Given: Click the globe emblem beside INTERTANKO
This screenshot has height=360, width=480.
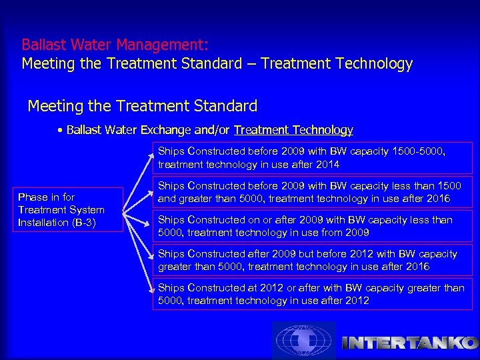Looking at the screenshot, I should pos(303,341).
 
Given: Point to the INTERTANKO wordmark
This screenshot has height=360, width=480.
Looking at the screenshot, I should pos(408,343).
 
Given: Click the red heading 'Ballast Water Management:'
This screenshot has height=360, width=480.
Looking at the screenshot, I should pos(115,45).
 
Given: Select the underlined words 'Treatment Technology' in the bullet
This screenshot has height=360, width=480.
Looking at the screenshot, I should pos(293,130).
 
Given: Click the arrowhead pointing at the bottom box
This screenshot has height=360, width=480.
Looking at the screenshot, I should pos(153,288).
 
